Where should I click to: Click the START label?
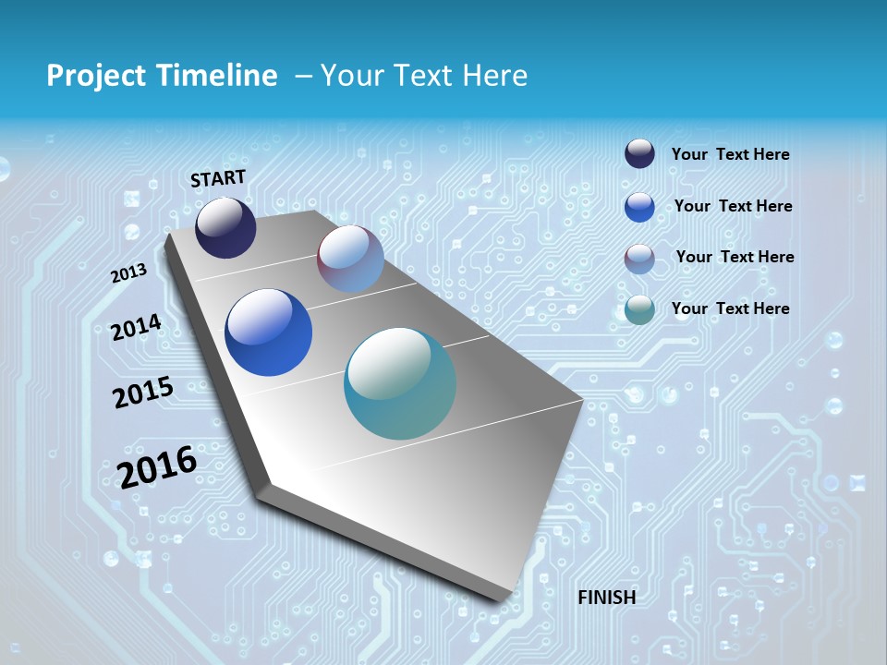coord(218,178)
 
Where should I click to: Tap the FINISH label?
coord(607,598)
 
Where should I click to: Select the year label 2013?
coord(128,273)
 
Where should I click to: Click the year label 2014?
coord(136,327)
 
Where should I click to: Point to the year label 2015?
coord(143,393)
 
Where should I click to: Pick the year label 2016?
coord(157,466)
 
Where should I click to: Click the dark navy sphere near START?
coord(225,228)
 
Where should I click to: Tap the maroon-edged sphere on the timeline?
coord(350,259)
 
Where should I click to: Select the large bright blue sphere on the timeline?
coord(268,332)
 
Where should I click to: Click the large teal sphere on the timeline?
coord(400,383)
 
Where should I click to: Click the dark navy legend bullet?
coord(639,154)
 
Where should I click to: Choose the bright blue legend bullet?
coord(639,207)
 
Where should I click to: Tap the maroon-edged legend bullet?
coord(639,259)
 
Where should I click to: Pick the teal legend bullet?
coord(639,309)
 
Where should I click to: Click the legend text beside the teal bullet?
coord(730,308)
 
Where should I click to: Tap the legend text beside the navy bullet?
coord(730,154)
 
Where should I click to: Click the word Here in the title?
coord(494,76)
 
